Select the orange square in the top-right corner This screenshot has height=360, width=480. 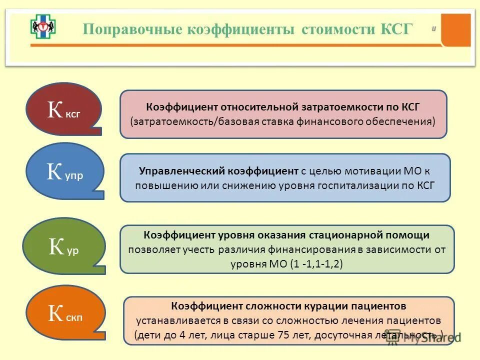[x=456, y=29]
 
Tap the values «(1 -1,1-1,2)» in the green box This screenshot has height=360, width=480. [x=316, y=263]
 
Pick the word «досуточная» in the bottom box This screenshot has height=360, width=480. [x=327, y=334]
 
